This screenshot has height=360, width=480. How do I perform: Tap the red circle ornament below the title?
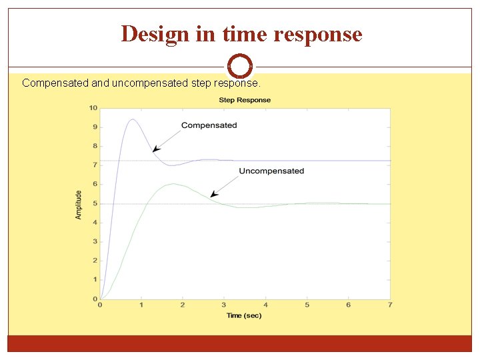coord(240,66)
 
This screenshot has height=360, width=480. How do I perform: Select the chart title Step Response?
coord(245,100)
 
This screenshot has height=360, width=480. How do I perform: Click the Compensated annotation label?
coord(209,125)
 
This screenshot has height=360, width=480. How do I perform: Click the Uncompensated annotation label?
coord(271,171)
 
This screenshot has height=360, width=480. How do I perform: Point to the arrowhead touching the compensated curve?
coord(155,151)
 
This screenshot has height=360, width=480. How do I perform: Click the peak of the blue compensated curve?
coord(133,119)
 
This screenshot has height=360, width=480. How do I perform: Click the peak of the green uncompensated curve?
coord(173,183)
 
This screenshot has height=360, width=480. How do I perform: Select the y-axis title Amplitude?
coord(79,205)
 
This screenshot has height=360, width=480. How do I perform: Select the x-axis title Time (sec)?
coord(243,315)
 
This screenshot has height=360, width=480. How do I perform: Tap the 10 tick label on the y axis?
coord(93,108)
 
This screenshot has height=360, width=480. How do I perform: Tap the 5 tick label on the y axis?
coord(95,203)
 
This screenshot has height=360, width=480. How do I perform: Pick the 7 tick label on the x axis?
coord(390,305)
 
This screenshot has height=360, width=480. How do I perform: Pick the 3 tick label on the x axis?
coord(224,305)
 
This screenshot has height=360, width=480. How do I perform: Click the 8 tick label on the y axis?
coord(95,146)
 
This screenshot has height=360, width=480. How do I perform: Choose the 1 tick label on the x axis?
coord(141,305)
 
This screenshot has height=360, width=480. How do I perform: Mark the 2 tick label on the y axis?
coord(95,261)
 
